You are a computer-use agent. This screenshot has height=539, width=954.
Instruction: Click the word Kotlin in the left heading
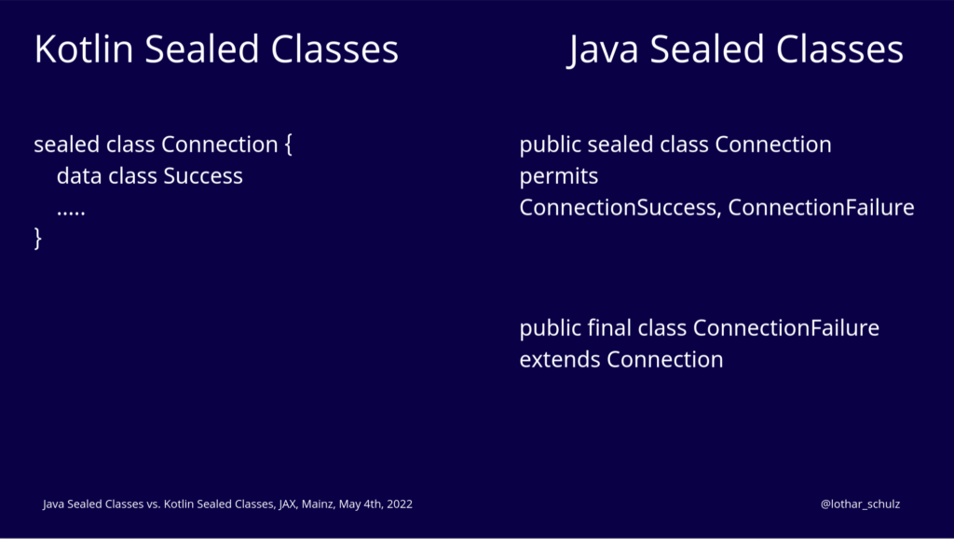(x=83, y=48)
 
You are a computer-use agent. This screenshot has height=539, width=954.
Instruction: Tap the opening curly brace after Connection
(x=288, y=145)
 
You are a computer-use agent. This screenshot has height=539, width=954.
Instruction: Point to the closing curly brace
(x=37, y=238)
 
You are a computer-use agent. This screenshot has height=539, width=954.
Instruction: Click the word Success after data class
(x=203, y=176)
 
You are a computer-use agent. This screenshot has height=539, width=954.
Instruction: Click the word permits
(x=559, y=177)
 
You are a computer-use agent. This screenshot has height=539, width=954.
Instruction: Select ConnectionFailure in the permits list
(x=821, y=208)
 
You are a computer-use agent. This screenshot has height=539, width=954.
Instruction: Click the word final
(x=609, y=327)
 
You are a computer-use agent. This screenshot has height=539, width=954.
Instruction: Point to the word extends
(x=560, y=359)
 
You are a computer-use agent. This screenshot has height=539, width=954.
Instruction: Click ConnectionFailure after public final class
(x=786, y=327)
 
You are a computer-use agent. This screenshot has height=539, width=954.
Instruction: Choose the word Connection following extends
(x=665, y=359)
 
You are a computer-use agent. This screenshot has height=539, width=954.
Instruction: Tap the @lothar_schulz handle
(x=860, y=504)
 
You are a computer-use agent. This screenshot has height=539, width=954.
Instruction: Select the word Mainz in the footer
(x=319, y=504)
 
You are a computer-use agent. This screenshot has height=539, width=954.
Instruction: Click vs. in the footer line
(x=154, y=504)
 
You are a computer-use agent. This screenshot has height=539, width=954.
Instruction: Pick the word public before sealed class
(x=551, y=145)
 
